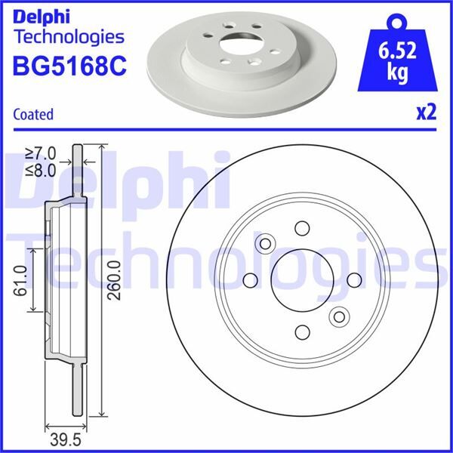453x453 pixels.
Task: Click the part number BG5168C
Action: click(x=69, y=66)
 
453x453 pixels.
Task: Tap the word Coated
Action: click(x=34, y=115)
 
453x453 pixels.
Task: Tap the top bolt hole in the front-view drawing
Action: click(x=302, y=229)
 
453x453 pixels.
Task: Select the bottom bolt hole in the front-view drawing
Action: click(x=302, y=331)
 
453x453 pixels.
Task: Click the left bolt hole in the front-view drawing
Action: click(x=251, y=280)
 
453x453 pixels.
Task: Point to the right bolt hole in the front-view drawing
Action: click(x=353, y=280)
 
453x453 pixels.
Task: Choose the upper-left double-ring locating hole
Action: click(x=265, y=243)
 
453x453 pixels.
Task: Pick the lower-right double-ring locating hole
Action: click(x=339, y=317)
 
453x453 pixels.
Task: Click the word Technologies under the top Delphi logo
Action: click(x=69, y=36)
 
